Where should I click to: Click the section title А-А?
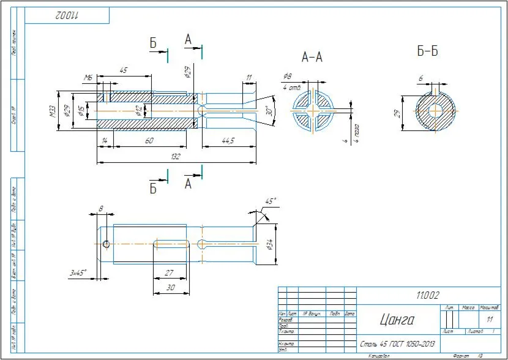coord(312,57)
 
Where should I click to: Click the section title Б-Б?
coord(428,51)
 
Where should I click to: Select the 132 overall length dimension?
coord(175,157)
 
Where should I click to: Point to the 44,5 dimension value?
coord(228,141)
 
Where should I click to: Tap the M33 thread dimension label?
coord(53,111)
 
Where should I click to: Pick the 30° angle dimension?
coord(267,112)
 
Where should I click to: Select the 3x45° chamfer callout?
coord(78,272)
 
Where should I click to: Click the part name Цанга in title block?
coord(397,320)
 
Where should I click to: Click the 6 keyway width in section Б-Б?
coord(421,78)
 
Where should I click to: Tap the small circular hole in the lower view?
coord(106,245)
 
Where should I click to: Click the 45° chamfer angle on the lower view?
coord(269,201)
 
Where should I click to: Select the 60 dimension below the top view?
coord(149,141)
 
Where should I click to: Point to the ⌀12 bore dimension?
coord(138,110)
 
